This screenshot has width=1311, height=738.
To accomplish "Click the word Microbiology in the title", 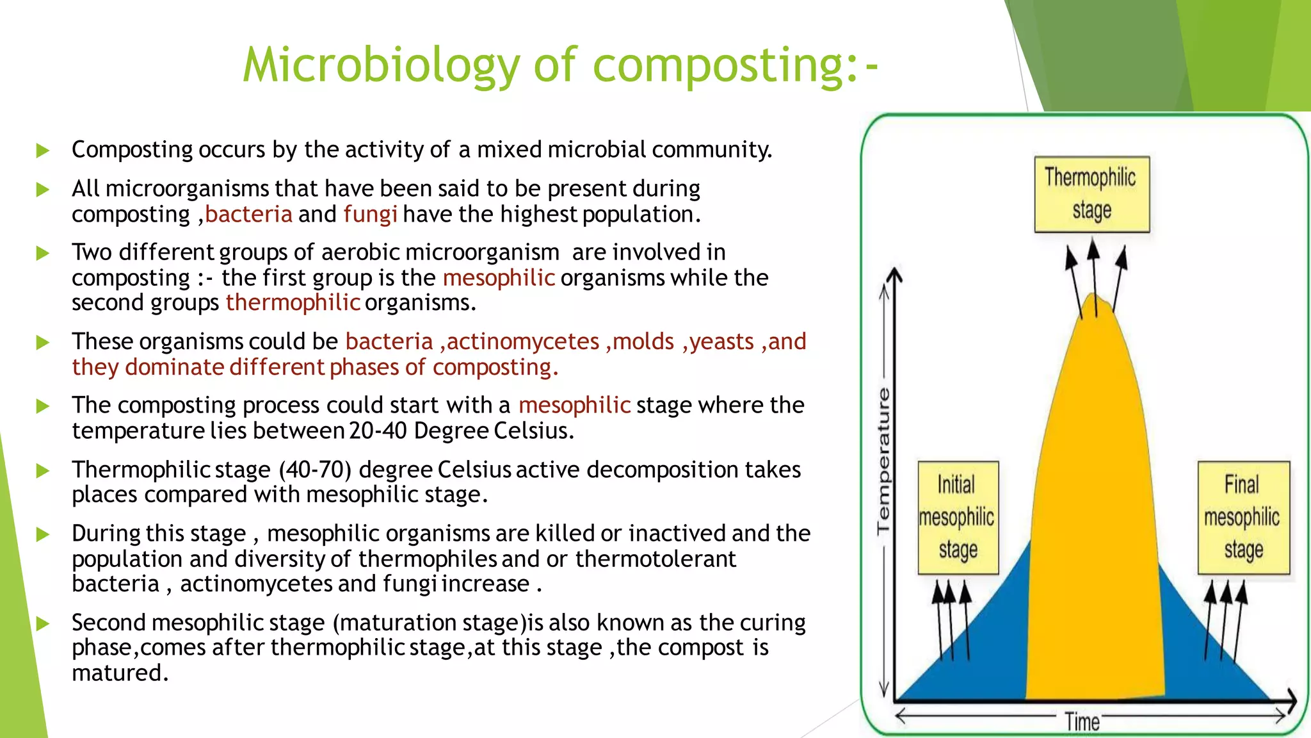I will (381, 65).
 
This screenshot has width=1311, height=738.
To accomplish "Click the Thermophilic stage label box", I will (1091, 193).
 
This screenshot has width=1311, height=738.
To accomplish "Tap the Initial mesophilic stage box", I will (958, 517).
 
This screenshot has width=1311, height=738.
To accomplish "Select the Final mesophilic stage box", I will (1243, 517).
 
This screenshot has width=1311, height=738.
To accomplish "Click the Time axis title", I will (1082, 722).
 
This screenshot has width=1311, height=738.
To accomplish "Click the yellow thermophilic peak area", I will (1095, 512).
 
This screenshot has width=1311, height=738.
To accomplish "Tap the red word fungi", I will (370, 214).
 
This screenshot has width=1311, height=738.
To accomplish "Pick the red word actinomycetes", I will (523, 341).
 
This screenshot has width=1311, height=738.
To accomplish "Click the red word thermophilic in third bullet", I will (293, 302).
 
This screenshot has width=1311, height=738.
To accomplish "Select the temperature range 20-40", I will (378, 430).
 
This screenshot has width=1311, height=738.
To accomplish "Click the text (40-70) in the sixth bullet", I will (315, 470).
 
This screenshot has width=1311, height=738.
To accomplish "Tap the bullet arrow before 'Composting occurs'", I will (43, 151).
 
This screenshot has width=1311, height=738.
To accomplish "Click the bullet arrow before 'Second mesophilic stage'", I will (43, 623).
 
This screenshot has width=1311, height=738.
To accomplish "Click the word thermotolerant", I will (655, 559).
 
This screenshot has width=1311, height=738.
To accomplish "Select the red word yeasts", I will (721, 341).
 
